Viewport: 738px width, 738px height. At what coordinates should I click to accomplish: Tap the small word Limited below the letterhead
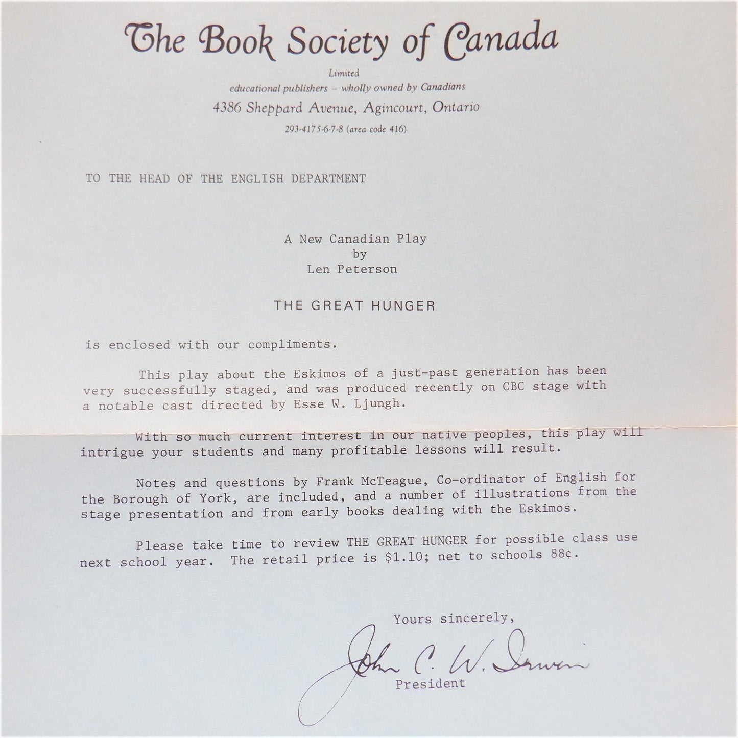click(x=344, y=73)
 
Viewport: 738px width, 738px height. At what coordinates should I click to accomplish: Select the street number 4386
click(x=227, y=108)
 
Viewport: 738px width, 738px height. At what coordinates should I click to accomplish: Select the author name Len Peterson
click(x=352, y=269)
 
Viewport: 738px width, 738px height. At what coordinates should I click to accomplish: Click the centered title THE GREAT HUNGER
click(x=354, y=306)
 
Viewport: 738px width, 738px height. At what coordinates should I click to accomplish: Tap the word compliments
click(x=292, y=344)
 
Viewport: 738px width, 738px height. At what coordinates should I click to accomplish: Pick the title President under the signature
click(x=431, y=683)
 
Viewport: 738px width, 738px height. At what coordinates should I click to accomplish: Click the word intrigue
click(x=112, y=453)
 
